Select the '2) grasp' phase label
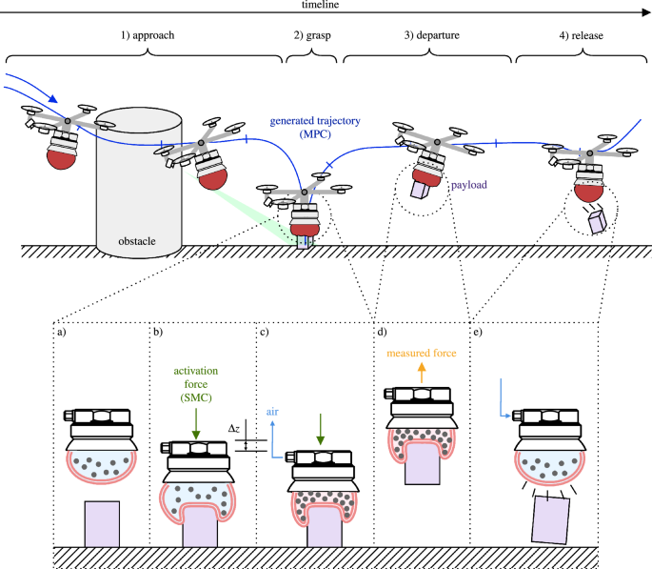[312, 35]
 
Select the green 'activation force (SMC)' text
[195, 382]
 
